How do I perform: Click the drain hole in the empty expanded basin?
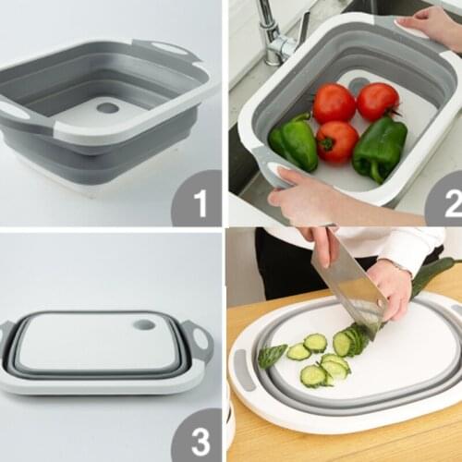point(107,108)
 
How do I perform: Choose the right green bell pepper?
point(379,148)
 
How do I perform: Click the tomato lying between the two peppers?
point(336,141)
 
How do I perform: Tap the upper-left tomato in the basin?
point(334,103)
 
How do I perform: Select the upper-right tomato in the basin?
point(377,101)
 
